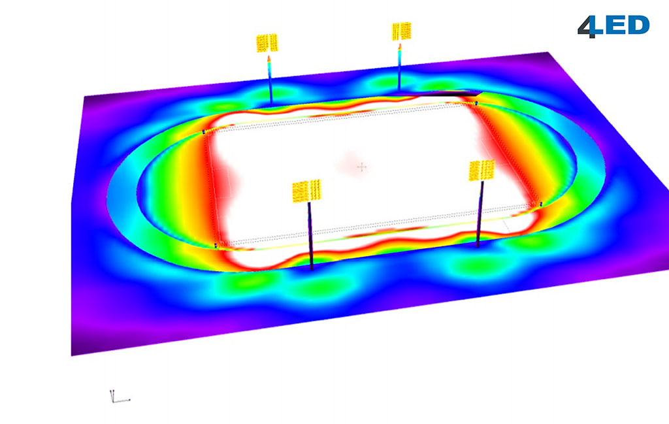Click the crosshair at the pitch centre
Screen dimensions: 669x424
[x=362, y=167]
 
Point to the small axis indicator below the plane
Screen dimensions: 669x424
[x=120, y=397]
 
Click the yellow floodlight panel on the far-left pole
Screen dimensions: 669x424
[x=267, y=43]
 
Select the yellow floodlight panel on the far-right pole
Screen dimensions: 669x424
[x=402, y=31]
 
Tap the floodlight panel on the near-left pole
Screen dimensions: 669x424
[x=307, y=191]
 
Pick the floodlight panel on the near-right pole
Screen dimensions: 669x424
[x=481, y=171]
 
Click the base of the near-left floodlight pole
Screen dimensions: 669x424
[x=312, y=268]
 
